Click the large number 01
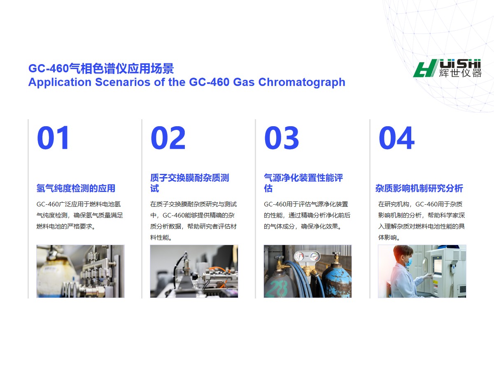pyautogui.click(x=53, y=137)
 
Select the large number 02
pyautogui.click(x=168, y=137)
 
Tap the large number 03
pyautogui.click(x=282, y=137)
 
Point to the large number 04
pyautogui.click(x=396, y=137)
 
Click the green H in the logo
pyautogui.click(x=425, y=68)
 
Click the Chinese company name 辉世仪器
pyautogui.click(x=460, y=73)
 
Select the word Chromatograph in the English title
pyautogui.click(x=302, y=82)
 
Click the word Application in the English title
pyautogui.click(x=60, y=82)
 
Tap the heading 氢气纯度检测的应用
pyautogui.click(x=76, y=188)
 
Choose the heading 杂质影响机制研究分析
pyautogui.click(x=419, y=188)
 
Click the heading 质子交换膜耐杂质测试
pyautogui.click(x=189, y=183)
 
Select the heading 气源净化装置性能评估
pyautogui.click(x=303, y=183)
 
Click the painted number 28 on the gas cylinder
pyautogui.click(x=279, y=288)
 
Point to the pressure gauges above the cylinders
pyautogui.click(x=307, y=256)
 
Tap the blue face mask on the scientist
pyautogui.click(x=408, y=262)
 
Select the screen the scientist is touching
pyautogui.click(x=438, y=265)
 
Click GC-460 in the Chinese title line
pyautogui.click(x=49, y=68)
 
